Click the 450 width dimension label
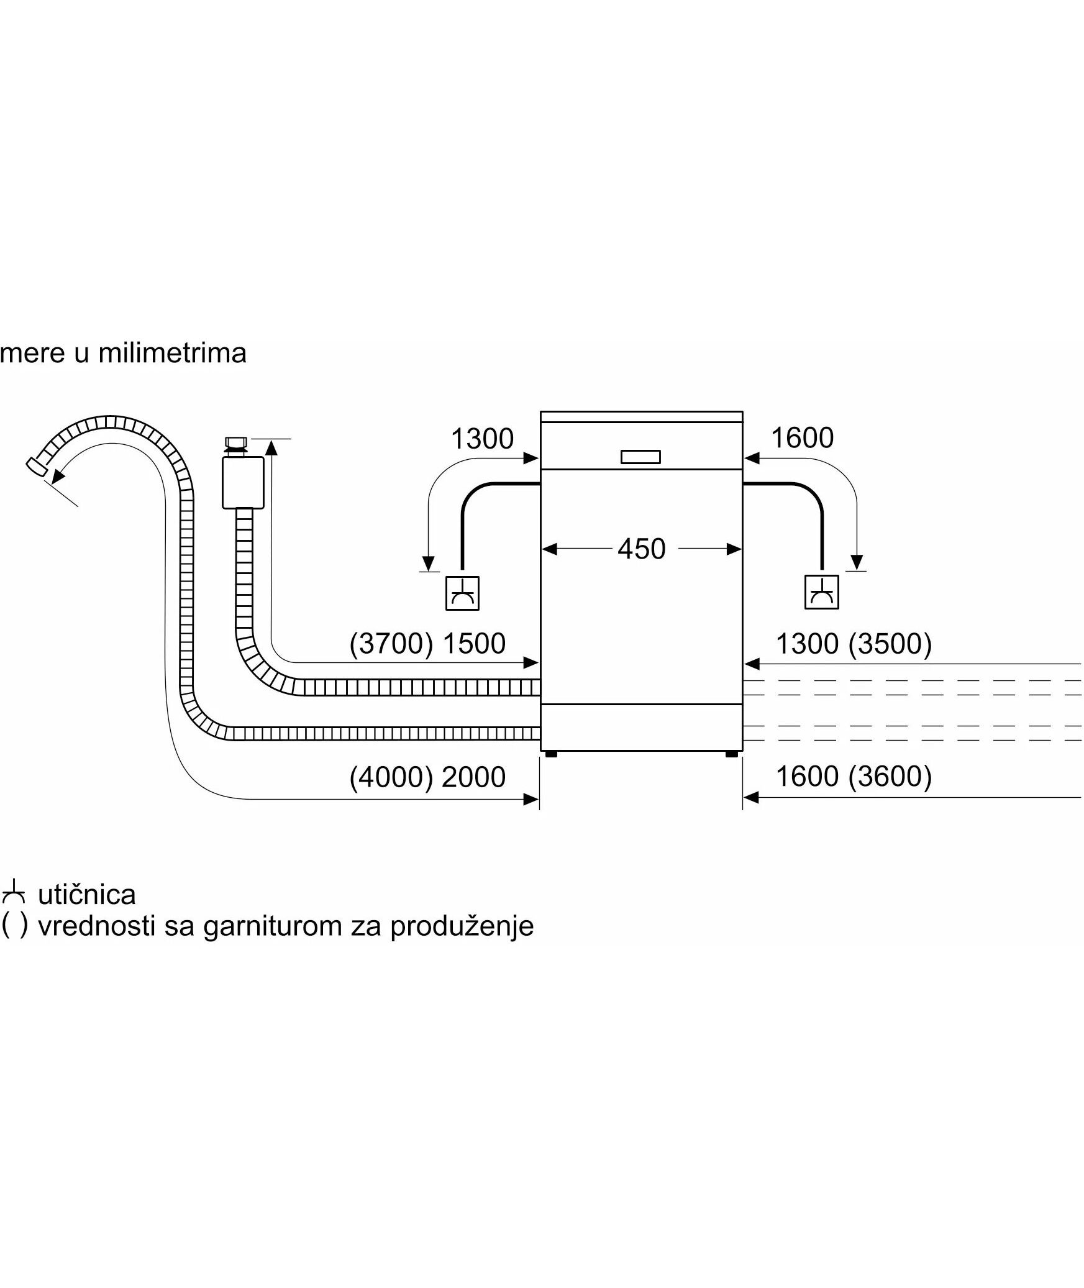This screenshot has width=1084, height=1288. (x=641, y=549)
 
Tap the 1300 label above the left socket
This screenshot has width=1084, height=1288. (x=482, y=439)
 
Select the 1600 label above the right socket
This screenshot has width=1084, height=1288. (x=802, y=438)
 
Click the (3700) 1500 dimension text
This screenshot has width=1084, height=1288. (x=427, y=644)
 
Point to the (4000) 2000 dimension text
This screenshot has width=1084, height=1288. (x=427, y=777)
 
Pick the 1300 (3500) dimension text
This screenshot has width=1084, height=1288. (x=854, y=644)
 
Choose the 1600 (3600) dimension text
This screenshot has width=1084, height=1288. (x=854, y=776)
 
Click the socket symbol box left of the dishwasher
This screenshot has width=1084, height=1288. (x=462, y=593)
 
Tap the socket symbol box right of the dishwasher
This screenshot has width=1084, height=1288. (x=821, y=592)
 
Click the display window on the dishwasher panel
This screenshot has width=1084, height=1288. (x=640, y=457)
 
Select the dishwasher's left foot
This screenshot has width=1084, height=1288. (x=550, y=754)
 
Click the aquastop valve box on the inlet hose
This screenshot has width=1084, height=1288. (x=242, y=482)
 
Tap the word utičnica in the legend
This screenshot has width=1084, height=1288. (x=87, y=895)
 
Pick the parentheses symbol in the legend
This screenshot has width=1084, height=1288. (x=14, y=926)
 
